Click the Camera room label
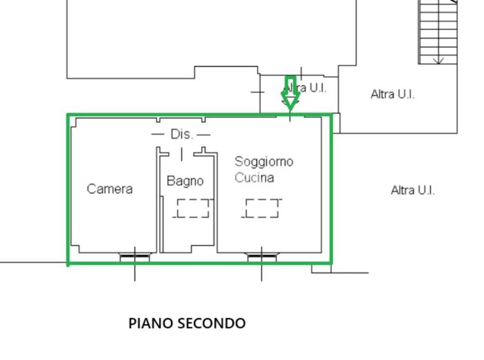click(x=110, y=189)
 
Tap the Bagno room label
click(x=185, y=181)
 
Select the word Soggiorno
click(x=264, y=162)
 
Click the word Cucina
click(x=254, y=178)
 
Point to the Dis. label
click(x=181, y=135)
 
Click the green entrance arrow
click(x=290, y=94)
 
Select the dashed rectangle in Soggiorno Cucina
click(x=262, y=208)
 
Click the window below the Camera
click(x=135, y=257)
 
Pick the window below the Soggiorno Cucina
click(x=262, y=257)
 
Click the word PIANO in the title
click(x=151, y=324)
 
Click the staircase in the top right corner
click(x=438, y=31)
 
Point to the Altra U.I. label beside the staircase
click(x=392, y=94)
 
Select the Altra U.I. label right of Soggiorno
click(x=413, y=190)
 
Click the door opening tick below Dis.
click(x=181, y=154)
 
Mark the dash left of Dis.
click(x=157, y=135)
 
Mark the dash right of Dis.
click(x=204, y=135)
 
